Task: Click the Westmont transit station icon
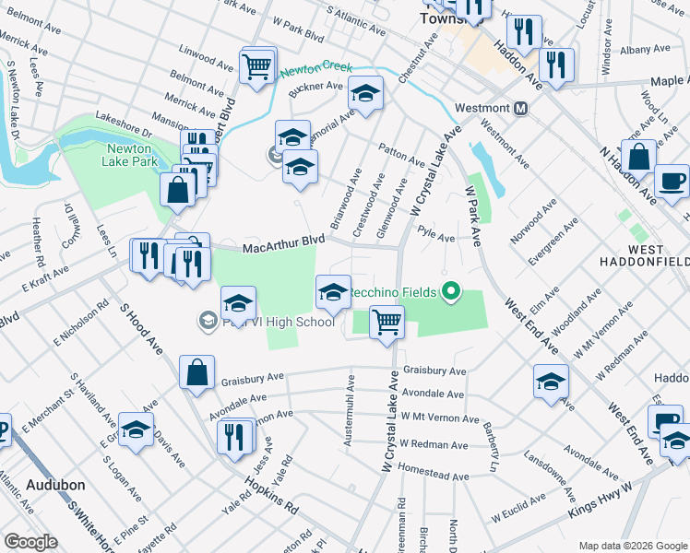521,108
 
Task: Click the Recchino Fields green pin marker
450,292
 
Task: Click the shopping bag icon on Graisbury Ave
197,373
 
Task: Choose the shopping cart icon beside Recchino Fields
387,322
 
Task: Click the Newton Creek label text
317,69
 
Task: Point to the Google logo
30,541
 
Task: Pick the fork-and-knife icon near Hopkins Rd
235,435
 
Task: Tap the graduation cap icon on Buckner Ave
365,93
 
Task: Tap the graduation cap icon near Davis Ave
136,429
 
